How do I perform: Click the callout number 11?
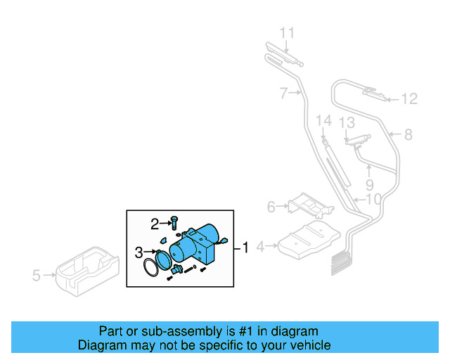tap(288, 32)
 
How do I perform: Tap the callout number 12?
tap(409, 99)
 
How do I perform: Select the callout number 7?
tap(283, 92)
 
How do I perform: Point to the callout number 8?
tap(409, 134)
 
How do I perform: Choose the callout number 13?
tap(347, 123)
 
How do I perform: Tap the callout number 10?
tap(373, 200)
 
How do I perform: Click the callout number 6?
tap(271, 207)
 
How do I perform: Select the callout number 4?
tap(260, 247)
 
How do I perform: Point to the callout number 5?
tap(37, 276)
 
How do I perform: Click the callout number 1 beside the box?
tap(245, 247)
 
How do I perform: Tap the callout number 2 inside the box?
tap(154, 224)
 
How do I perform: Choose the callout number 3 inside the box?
tap(139, 251)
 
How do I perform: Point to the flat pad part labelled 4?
tap(309, 240)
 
